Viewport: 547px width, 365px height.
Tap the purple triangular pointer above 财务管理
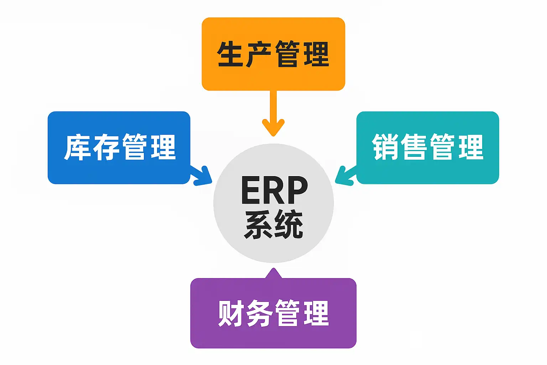click(273, 274)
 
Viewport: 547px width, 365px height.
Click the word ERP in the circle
click(274, 190)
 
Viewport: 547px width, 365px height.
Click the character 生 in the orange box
click(230, 54)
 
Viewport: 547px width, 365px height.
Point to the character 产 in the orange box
click(259, 54)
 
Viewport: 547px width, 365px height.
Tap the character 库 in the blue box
click(77, 147)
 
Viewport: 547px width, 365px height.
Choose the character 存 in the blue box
click(106, 147)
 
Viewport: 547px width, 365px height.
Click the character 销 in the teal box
click(385, 147)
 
